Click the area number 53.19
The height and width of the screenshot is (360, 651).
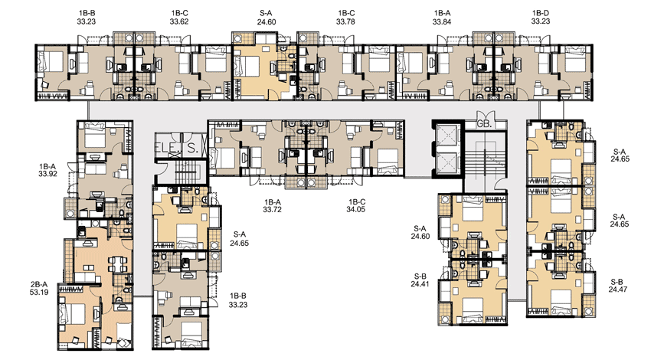pyautogui.click(x=39, y=292)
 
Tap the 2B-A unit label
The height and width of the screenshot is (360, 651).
pyautogui.click(x=39, y=284)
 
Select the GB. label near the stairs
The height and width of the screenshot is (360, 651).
pyautogui.click(x=485, y=124)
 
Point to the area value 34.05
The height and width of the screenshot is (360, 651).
pyautogui.click(x=356, y=210)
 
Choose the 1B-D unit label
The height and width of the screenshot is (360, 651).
pyautogui.click(x=541, y=13)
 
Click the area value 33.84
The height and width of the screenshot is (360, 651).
pyautogui.click(x=442, y=21)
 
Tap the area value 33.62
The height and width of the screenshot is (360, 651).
pyautogui.click(x=179, y=21)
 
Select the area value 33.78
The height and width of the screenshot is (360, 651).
pyautogui.click(x=345, y=21)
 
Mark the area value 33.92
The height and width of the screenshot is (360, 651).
pyautogui.click(x=47, y=174)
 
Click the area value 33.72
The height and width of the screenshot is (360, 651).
pyautogui.click(x=273, y=210)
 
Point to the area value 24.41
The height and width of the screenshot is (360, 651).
pyautogui.click(x=420, y=284)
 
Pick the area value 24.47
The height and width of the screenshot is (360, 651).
pyautogui.click(x=618, y=290)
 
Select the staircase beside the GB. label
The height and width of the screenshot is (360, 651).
pyautogui.click(x=486, y=161)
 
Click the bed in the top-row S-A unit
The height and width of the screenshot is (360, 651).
pyautogui.click(x=248, y=66)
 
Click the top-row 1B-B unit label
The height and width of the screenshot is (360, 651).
pyautogui.click(x=86, y=13)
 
